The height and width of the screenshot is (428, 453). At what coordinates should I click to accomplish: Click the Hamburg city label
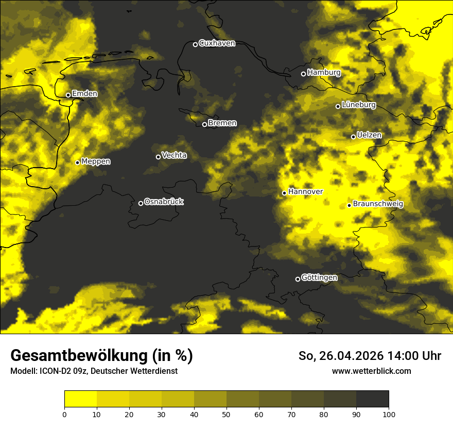tap(324, 73)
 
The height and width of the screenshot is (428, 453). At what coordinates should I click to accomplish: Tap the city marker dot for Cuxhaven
tap(195, 44)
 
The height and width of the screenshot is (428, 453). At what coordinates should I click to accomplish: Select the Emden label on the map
tap(84, 94)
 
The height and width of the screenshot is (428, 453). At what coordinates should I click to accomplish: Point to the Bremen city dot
tap(204, 124)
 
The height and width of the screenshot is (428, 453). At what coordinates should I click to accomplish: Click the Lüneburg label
tap(359, 105)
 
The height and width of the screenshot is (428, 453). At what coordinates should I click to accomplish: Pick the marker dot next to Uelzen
tap(353, 137)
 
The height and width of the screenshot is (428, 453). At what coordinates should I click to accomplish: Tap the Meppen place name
tap(96, 161)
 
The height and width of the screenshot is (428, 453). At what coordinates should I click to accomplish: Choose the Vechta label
tap(174, 155)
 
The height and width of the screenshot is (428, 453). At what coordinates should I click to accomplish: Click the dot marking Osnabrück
tap(141, 203)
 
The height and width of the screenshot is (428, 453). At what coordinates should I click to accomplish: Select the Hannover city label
tap(305, 192)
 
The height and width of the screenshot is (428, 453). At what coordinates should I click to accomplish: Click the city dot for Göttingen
tap(298, 279)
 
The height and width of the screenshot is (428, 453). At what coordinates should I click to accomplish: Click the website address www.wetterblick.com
tap(372, 371)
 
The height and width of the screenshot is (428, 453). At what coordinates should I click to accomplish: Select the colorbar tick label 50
tap(226, 414)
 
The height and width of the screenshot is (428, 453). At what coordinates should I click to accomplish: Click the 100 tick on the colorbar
tap(389, 414)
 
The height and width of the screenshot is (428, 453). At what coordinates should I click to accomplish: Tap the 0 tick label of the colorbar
tap(64, 414)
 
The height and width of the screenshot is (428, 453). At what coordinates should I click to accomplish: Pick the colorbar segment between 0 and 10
tap(80, 399)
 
